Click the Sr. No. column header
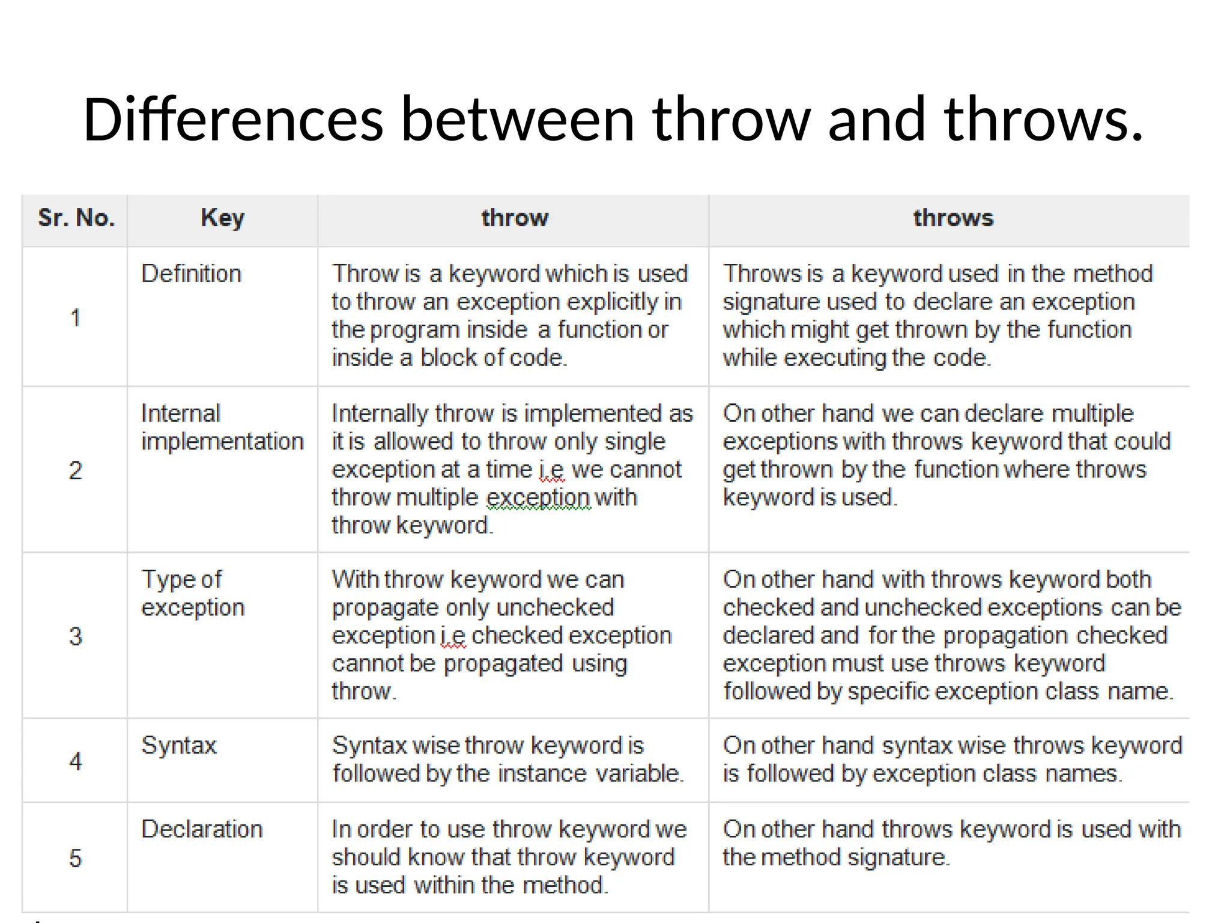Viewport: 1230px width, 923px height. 76,218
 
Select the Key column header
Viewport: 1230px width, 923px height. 222,218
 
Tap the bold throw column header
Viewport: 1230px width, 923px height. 515,218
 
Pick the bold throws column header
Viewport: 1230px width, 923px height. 953,218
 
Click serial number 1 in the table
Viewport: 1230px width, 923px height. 75,318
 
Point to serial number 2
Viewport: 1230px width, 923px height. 75,470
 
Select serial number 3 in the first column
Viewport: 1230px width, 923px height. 75,636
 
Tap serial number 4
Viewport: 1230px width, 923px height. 75,761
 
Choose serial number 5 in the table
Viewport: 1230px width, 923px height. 75,858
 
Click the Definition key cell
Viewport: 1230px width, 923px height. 191,274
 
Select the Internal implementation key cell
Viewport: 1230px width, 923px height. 222,427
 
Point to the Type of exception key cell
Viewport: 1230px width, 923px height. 192,593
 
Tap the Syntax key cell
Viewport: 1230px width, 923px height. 179,746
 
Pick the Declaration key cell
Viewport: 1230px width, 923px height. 202,829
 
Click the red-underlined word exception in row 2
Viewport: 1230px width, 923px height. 538,498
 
